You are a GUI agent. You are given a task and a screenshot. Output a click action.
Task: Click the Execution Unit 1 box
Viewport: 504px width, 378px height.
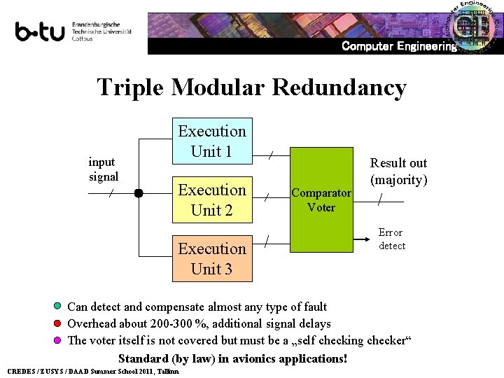pos(212,141)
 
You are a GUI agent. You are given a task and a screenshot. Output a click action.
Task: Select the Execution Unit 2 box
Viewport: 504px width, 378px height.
pos(212,199)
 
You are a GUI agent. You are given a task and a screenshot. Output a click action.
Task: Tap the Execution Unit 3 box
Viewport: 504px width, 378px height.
pos(212,258)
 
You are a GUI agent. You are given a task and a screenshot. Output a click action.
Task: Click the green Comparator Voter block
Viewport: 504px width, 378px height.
pos(321,199)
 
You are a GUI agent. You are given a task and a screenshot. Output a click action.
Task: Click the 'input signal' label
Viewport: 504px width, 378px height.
pos(104,169)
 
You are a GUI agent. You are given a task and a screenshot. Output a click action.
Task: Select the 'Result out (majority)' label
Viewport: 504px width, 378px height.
pos(398,171)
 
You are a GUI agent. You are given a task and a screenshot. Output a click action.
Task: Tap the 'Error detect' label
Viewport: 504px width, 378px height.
pos(391,239)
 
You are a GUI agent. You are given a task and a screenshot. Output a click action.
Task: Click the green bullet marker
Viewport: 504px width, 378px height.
pos(58,307)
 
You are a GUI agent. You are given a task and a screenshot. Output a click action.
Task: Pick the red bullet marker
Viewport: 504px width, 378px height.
pos(58,323)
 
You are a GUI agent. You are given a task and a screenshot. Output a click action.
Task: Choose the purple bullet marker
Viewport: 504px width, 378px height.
pos(58,341)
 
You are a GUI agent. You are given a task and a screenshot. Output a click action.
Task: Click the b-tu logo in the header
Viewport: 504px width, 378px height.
pos(41,31)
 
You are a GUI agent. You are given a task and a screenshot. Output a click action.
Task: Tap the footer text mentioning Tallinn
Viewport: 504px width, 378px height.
pos(92,371)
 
